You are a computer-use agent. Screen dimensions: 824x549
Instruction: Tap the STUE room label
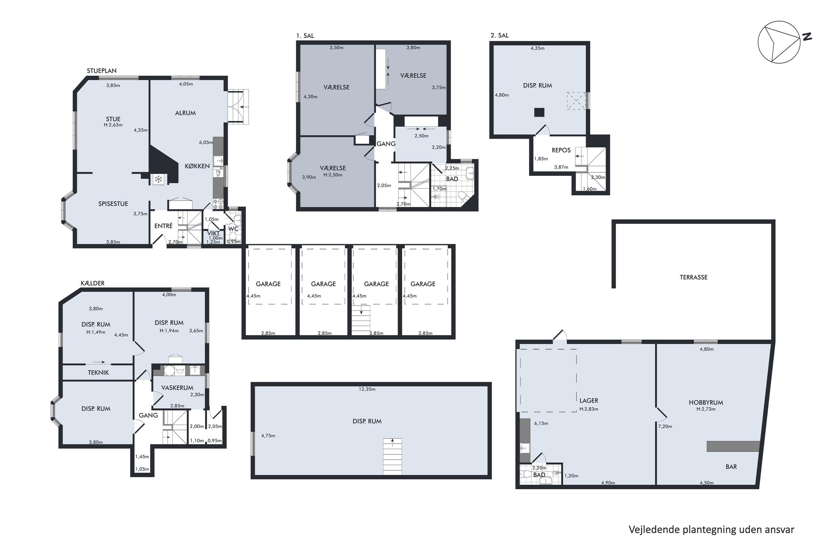point(113,119)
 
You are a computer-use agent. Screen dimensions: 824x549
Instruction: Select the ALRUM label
point(185,113)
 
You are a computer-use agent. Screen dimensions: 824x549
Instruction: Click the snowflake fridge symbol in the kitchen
point(158,180)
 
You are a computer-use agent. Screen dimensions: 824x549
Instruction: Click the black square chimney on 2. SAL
point(539,112)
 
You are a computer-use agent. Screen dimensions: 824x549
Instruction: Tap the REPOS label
point(561,150)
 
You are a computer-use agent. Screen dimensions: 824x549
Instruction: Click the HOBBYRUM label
point(706,403)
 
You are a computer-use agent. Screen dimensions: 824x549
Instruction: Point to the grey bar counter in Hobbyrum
point(733,446)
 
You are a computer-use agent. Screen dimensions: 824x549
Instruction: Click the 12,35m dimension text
point(367,389)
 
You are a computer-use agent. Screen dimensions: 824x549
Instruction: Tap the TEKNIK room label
point(98,372)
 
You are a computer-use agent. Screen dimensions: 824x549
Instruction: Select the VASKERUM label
point(177,388)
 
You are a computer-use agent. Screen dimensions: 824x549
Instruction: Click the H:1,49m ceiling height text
point(96,332)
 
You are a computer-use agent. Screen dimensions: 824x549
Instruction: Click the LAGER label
point(589,400)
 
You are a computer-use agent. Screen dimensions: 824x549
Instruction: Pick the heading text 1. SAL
point(305,36)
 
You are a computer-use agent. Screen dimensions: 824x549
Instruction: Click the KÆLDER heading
point(93,283)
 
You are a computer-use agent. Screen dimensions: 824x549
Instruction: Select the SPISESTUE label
point(113,204)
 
